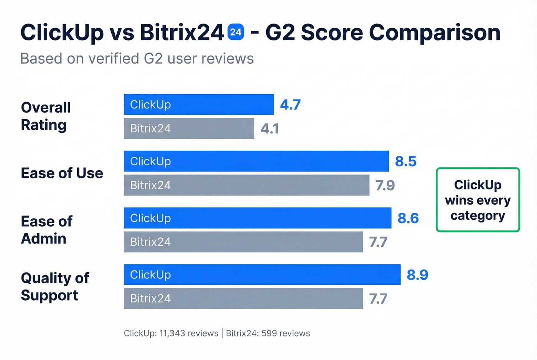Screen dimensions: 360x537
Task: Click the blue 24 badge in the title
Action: [236, 32]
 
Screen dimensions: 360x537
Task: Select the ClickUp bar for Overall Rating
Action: [199, 104]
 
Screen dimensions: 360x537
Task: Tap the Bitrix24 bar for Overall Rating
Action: [189, 128]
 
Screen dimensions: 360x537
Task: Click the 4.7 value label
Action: [290, 104]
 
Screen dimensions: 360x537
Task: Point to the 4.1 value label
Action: [270, 128]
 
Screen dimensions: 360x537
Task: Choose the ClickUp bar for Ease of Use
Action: [256, 161]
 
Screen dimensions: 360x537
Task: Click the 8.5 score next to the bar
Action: [405, 161]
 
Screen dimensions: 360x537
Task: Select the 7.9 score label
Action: [385, 185]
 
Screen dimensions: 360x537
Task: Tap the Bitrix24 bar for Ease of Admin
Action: [243, 242]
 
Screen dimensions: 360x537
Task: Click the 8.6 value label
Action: [408, 218]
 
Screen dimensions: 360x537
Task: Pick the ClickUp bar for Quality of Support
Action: [262, 275]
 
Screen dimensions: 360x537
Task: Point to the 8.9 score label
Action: [417, 275]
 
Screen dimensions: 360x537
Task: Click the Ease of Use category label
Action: [62, 173]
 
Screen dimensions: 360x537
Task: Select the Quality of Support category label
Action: [55, 286]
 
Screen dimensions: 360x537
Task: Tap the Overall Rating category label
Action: [46, 116]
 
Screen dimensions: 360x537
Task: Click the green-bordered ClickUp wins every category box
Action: [478, 200]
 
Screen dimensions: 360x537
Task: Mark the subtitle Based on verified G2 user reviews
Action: [137, 59]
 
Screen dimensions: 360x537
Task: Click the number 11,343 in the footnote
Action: [172, 333]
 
